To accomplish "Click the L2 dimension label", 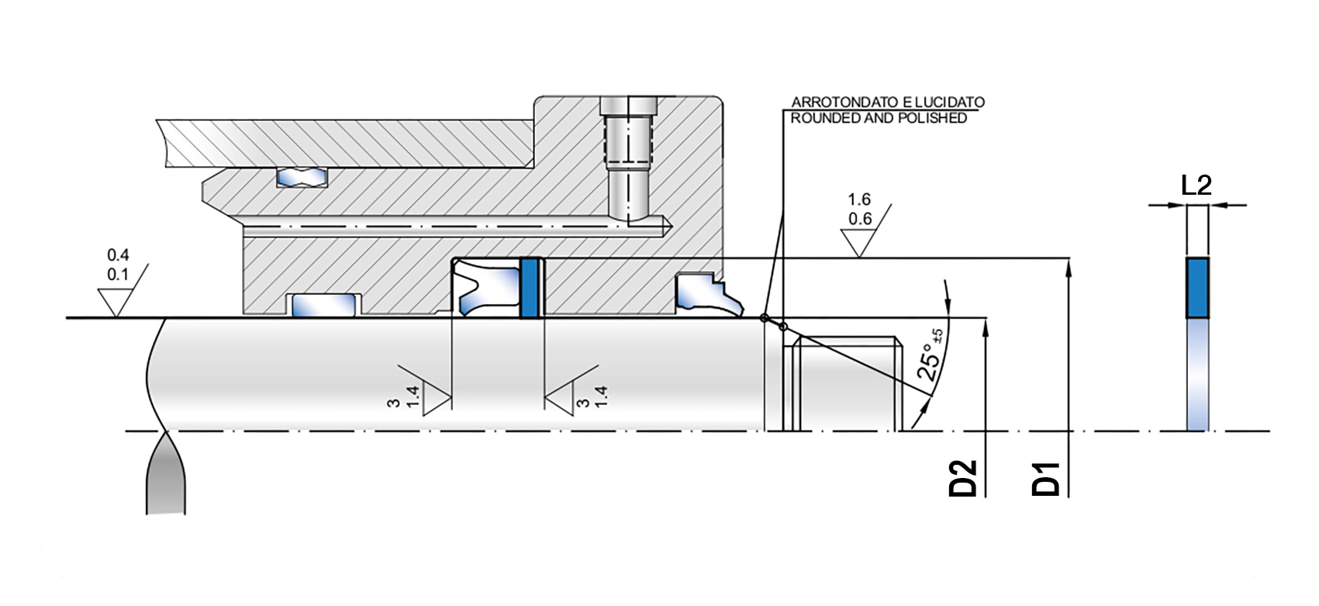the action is (1196, 185).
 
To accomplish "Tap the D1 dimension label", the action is (1046, 480).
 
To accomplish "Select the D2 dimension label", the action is (963, 479).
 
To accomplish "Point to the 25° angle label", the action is (930, 357).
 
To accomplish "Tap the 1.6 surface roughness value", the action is (859, 199).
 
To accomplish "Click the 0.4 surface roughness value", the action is (118, 255).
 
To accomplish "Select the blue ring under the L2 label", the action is (1197, 288).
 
